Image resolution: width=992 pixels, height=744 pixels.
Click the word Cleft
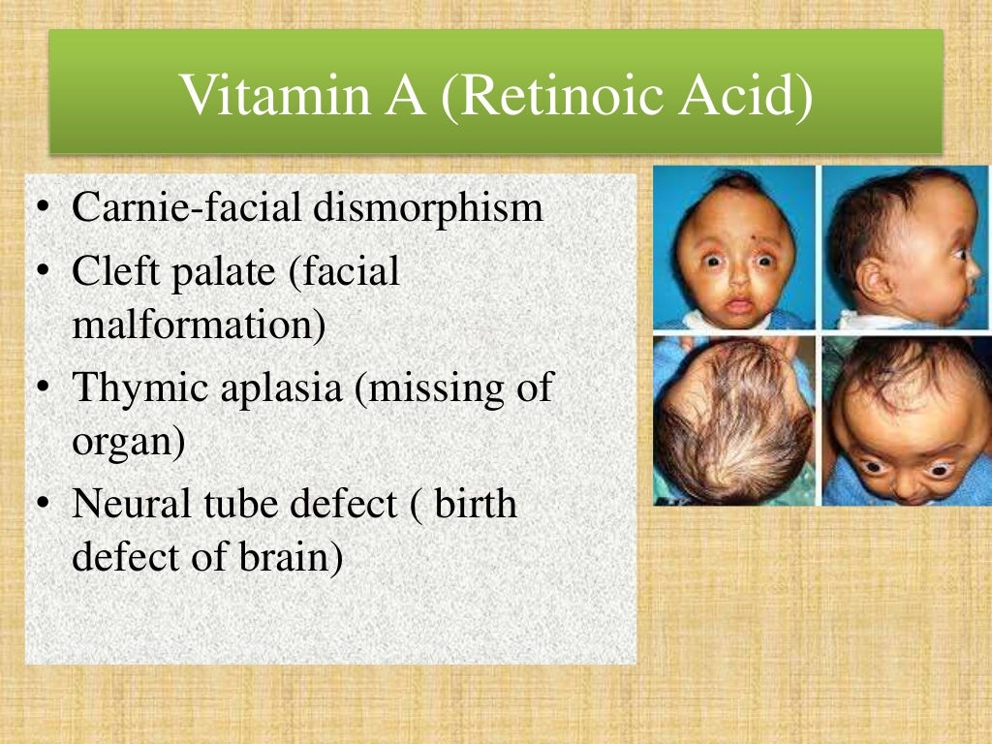click(110, 272)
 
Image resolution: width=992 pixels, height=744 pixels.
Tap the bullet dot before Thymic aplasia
click(45, 389)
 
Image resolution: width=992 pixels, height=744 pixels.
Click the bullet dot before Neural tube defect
click(45, 505)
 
